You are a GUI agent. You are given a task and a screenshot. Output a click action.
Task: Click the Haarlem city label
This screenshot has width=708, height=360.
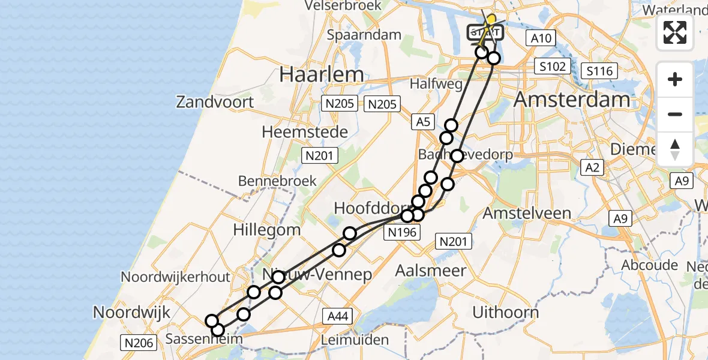pos(322,75)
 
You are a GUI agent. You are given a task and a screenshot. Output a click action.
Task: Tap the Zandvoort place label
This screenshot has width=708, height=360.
pos(215,102)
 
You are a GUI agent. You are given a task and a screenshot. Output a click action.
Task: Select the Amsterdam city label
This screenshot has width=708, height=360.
pos(572,100)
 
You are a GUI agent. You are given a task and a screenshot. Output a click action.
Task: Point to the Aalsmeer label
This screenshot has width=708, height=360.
pos(430,271)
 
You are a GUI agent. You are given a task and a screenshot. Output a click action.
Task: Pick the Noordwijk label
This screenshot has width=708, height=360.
pos(132,313)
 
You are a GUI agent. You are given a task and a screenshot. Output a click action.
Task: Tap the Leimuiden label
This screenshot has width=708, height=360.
pos(355,340)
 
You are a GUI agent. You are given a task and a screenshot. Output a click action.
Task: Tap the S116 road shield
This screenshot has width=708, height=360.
pos(599,71)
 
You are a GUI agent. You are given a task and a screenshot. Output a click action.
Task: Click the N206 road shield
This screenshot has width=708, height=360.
pos(139,343)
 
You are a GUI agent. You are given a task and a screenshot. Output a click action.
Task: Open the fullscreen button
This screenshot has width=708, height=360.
pos(675,32)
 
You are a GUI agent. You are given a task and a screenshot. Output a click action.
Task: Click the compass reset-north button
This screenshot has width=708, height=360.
pos(675,149)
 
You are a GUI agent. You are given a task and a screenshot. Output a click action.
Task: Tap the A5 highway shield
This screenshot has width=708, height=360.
pos(423,122)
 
